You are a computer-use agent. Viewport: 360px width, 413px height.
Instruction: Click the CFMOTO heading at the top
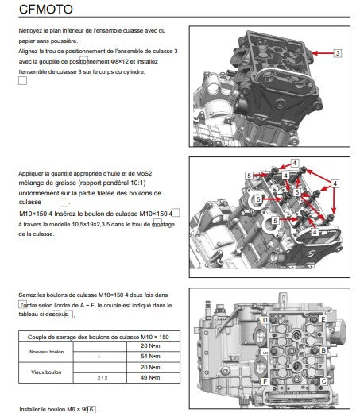coord(46,9)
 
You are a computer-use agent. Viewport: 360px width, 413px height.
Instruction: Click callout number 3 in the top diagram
coord(338,53)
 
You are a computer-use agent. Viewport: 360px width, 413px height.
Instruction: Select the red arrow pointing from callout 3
coord(323,53)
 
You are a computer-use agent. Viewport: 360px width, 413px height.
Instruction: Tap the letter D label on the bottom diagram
coord(265,320)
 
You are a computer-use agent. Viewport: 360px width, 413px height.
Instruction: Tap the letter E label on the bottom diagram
coord(323,319)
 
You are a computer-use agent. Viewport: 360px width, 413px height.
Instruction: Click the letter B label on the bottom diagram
coord(323,350)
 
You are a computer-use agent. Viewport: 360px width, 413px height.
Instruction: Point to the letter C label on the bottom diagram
coord(323,381)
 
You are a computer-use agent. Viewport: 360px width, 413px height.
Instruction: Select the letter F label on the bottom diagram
coord(265,381)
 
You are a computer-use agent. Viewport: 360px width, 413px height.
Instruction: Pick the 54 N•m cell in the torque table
coord(150,357)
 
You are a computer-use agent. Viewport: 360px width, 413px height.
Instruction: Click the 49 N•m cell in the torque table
coord(150,377)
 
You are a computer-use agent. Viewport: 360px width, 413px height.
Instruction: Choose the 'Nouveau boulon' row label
coord(47,352)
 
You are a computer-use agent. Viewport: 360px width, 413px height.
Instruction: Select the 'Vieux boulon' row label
coord(46,372)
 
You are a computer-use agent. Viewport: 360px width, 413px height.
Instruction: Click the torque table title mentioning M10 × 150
coord(99,337)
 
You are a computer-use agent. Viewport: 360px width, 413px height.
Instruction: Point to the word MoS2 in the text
coord(144,174)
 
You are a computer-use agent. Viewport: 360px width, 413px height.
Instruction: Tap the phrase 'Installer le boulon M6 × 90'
coord(54,409)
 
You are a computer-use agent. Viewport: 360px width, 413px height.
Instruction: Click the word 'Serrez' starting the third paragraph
coord(26,295)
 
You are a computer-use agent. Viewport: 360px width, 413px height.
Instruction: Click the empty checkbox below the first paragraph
coord(22,81)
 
